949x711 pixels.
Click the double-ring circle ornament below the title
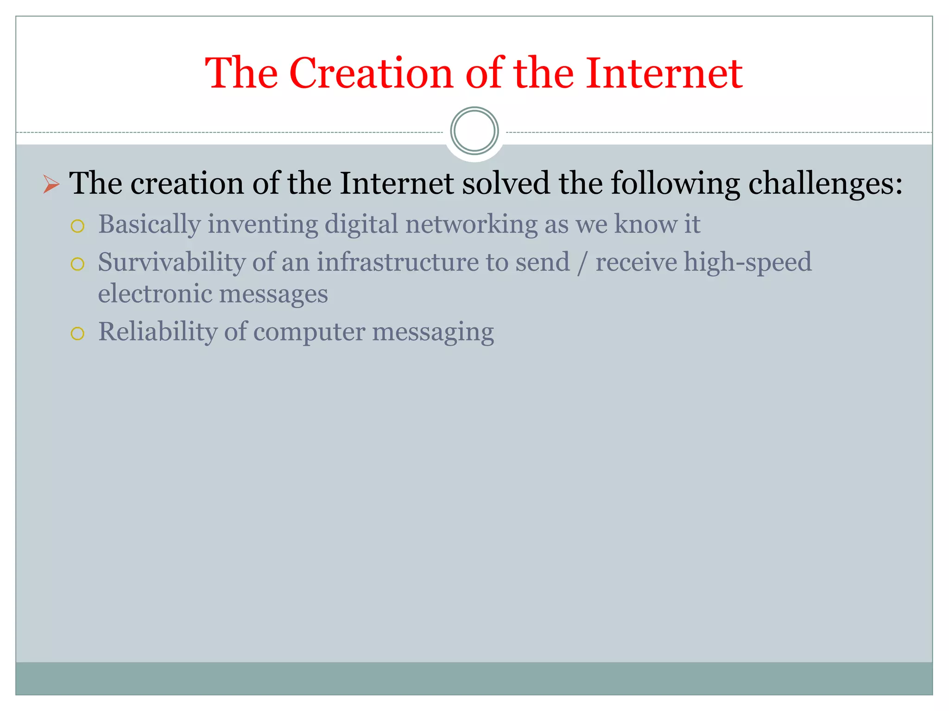point(474,131)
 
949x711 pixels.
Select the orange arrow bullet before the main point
point(51,184)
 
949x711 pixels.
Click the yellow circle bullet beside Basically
point(77,226)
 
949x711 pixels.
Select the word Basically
point(149,225)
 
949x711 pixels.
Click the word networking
point(471,225)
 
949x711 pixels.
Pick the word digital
point(361,225)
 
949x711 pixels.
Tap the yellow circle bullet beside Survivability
point(77,264)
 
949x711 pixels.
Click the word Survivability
point(171,262)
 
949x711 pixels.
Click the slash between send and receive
point(582,263)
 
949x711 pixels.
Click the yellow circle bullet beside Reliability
point(77,334)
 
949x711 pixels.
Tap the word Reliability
point(158,332)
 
